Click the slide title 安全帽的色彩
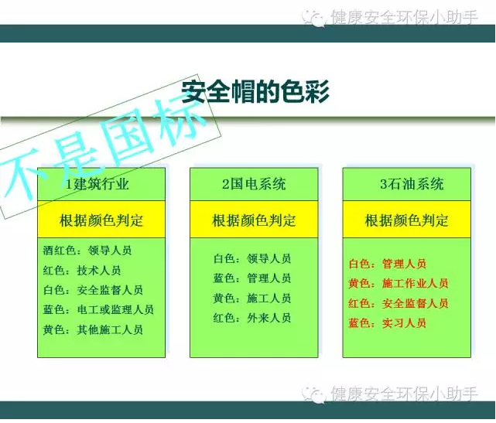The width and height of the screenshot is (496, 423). tap(255, 92)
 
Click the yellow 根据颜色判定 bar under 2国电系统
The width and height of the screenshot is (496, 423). tap(254, 220)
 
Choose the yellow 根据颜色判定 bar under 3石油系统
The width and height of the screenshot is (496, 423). tap(406, 220)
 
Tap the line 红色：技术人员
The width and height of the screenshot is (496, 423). tap(82, 270)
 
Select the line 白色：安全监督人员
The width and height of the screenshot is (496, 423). tap(93, 290)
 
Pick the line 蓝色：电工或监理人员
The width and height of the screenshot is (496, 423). tap(98, 309)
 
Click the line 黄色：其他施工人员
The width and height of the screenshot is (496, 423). tap(93, 329)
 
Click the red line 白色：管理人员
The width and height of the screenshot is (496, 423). tap(387, 264)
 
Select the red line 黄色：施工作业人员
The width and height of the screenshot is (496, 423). tap(398, 283)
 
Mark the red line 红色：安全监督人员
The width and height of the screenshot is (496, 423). tap(398, 303)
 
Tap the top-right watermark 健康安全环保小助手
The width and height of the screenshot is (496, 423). tap(402, 17)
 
